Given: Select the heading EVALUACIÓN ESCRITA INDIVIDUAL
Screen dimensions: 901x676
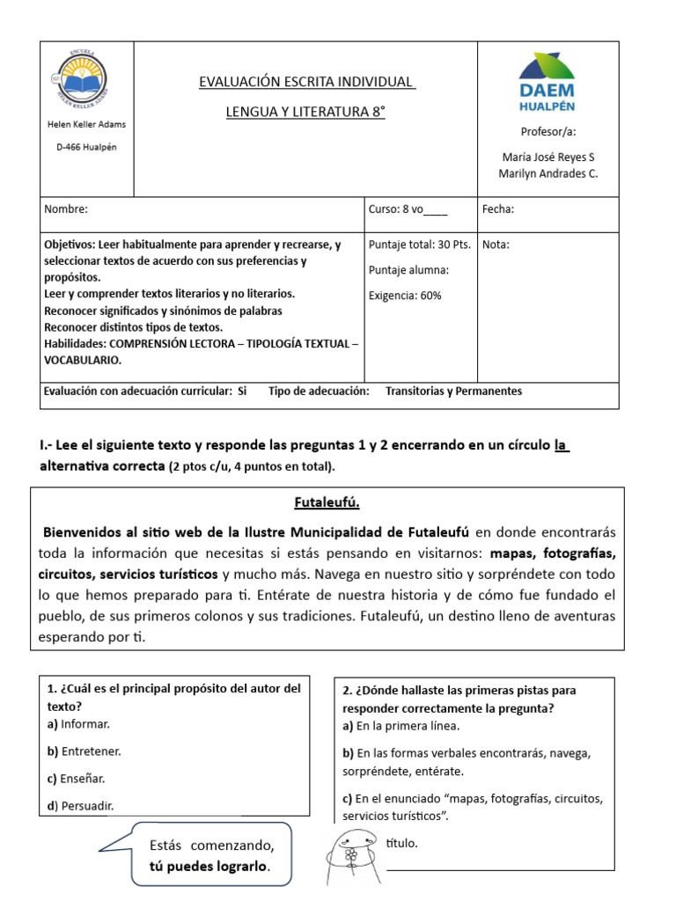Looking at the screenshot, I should click(307, 82).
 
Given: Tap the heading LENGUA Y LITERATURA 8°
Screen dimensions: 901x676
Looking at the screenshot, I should click(305, 112).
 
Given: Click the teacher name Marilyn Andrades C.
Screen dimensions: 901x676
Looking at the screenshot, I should click(547, 173).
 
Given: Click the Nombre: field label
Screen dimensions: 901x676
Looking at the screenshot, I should click(65, 209).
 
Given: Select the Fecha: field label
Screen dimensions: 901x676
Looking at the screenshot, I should click(498, 209).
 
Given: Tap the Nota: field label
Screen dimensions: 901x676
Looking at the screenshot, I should click(496, 245).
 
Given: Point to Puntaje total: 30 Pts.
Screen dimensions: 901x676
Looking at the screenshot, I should click(419, 245).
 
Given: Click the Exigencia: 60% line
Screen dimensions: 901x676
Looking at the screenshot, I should click(405, 296).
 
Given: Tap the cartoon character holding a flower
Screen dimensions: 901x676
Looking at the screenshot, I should click(349, 854).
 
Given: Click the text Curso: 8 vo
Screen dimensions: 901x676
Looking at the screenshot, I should click(408, 209).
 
